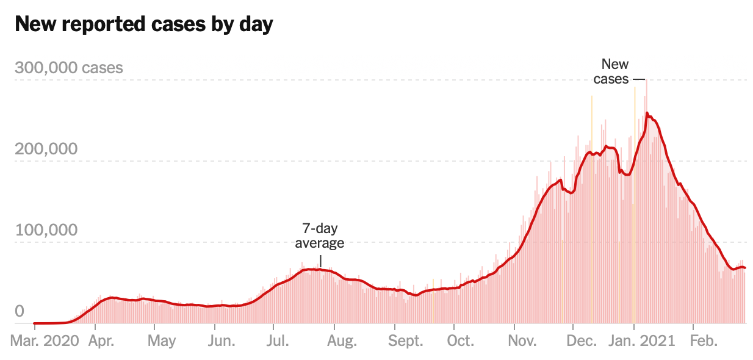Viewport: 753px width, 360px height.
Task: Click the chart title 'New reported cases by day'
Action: pyautogui.click(x=143, y=25)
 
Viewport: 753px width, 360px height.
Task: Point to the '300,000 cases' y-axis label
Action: pyautogui.click(x=68, y=68)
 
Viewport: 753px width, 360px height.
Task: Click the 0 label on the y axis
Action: pyautogui.click(x=20, y=312)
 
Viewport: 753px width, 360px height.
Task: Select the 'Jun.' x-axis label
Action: pyautogui.click(x=222, y=340)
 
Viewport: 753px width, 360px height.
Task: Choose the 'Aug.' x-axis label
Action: pyautogui.click(x=342, y=340)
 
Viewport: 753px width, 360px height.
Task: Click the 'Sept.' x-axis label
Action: pyautogui.click(x=406, y=340)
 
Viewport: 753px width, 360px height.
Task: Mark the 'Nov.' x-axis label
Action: pyautogui.click(x=522, y=340)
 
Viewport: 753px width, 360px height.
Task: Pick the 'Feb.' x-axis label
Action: pyautogui.click(x=702, y=340)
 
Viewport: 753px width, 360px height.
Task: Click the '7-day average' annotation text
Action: pyautogui.click(x=320, y=236)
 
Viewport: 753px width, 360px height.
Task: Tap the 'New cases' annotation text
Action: pyautogui.click(x=613, y=71)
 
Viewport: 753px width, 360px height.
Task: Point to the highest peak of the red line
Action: pyautogui.click(x=647, y=113)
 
